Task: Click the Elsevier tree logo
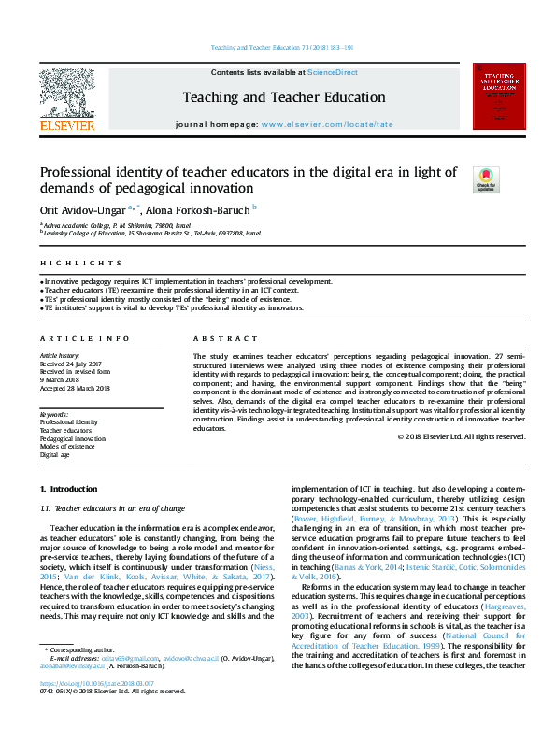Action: coord(66,95)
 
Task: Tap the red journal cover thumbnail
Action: coord(499,95)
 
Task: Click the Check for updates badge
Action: coord(486,178)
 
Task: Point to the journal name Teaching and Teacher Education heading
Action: coord(283,97)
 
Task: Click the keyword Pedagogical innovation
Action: coord(72,437)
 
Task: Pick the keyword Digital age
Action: coord(55,453)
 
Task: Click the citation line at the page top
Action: coord(281,47)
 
